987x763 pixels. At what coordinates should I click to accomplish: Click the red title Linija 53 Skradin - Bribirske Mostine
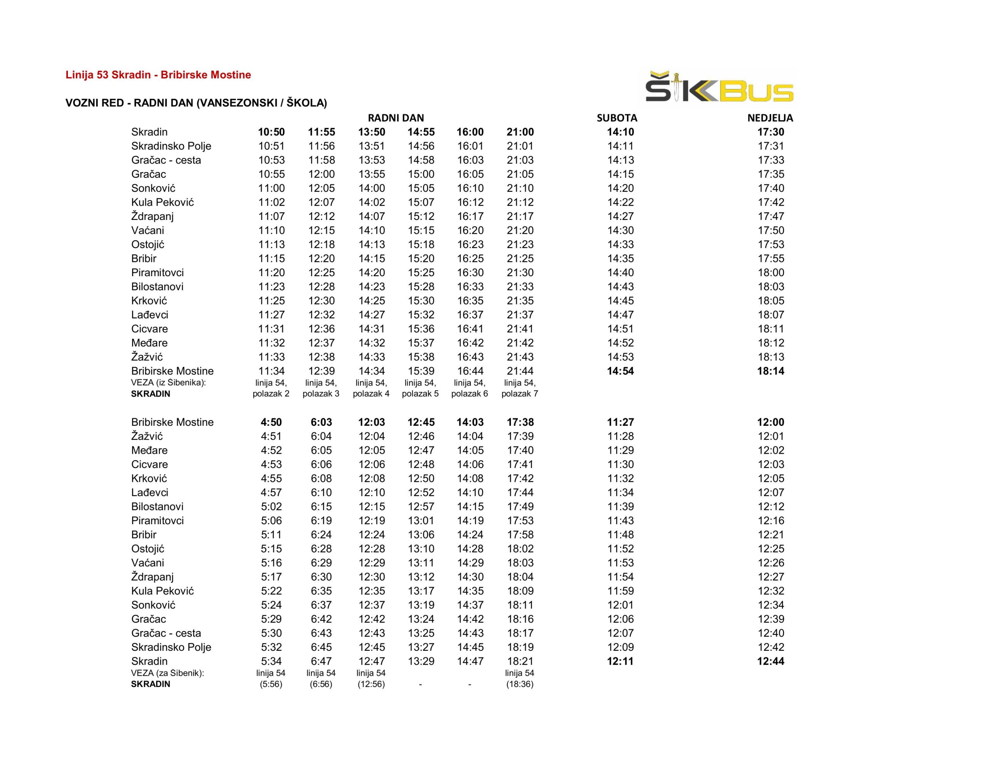(158, 75)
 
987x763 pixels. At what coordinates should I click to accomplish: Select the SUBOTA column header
(617, 118)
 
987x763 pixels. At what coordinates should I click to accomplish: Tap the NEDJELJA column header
(770, 118)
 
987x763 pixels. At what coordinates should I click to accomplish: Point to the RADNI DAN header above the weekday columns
(396, 118)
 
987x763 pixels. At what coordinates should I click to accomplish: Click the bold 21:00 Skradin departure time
(520, 132)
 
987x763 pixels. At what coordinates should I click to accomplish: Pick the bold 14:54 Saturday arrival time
(620, 371)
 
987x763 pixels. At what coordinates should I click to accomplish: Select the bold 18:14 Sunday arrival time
(771, 371)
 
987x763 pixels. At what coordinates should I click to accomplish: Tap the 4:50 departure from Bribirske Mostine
(271, 422)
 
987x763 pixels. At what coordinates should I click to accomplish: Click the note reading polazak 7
(520, 393)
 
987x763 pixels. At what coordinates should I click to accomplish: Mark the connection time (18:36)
(520, 684)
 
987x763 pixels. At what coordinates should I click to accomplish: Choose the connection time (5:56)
(271, 684)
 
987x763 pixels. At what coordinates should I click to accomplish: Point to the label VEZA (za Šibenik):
(168, 673)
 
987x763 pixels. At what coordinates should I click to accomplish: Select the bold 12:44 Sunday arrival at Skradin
(771, 661)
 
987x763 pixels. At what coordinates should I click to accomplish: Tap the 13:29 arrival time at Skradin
(421, 661)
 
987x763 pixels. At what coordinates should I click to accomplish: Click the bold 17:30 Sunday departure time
(771, 132)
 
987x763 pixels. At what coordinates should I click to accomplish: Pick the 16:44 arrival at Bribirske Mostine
(470, 371)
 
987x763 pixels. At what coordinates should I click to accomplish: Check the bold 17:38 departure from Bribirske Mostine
(520, 422)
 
